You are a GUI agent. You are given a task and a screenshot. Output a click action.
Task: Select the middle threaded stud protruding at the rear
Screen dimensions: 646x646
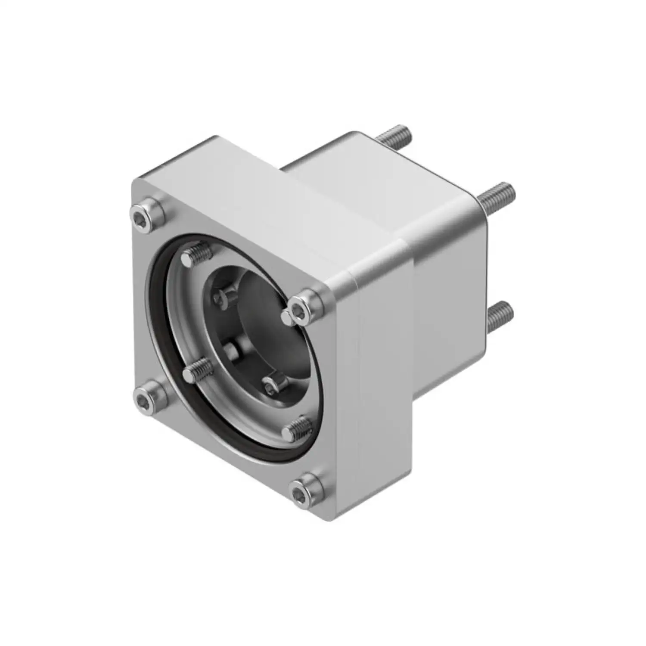point(495,192)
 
